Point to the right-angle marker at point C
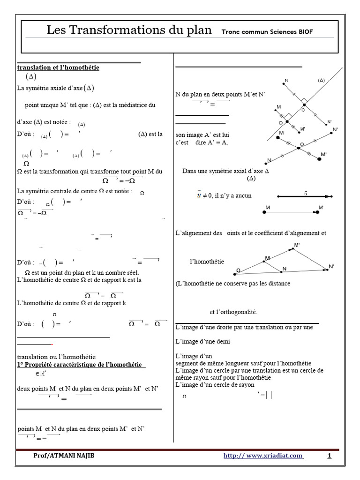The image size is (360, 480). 304,100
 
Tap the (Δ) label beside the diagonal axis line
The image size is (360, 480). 321,80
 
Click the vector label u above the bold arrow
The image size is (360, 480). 306,192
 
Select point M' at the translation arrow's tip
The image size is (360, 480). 318,212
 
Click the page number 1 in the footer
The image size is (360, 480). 329,456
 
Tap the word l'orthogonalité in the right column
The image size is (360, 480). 234,312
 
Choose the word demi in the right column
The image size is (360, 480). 222,342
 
